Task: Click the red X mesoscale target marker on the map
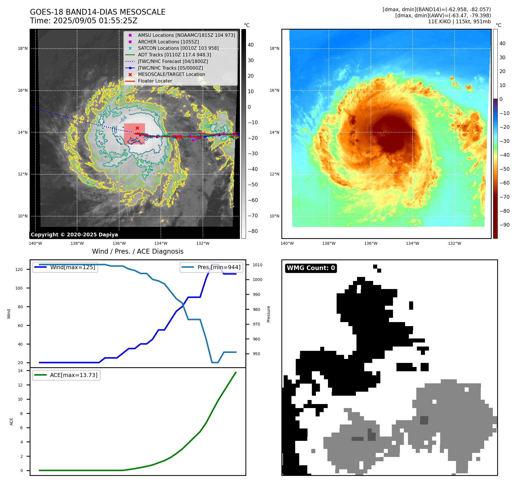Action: [x=137, y=128]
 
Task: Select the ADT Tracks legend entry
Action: [x=174, y=55]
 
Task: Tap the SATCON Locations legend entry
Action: [x=178, y=48]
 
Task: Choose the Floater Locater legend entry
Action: [x=155, y=81]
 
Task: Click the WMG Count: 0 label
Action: [x=311, y=268]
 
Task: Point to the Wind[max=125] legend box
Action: [x=65, y=267]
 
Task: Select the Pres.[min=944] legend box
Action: [x=212, y=267]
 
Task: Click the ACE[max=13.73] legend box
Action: [x=66, y=375]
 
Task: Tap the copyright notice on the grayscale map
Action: [x=74, y=235]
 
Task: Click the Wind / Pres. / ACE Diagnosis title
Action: [x=138, y=251]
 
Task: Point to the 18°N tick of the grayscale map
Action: [x=23, y=48]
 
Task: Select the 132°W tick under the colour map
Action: [x=454, y=243]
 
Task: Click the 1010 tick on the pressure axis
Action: [x=257, y=265]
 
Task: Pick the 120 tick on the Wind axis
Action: [x=19, y=269]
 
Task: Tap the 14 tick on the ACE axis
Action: [x=20, y=371]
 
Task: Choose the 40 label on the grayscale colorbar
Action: [x=251, y=45]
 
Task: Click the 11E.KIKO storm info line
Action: [x=459, y=22]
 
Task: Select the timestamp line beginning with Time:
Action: [x=84, y=21]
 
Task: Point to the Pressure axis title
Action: [x=268, y=314]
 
